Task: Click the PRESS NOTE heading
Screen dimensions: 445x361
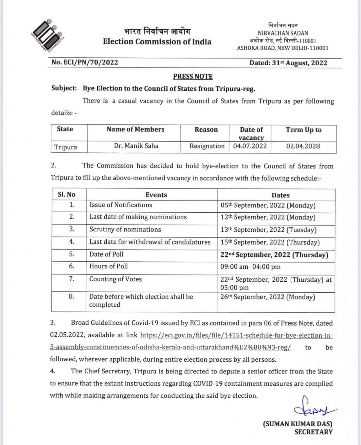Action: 193,76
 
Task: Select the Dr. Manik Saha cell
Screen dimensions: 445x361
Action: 136,146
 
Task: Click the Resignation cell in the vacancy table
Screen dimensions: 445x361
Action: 207,146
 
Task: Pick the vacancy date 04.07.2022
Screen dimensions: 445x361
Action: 250,146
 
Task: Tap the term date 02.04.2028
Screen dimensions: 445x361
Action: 303,146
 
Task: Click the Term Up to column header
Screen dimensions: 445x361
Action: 304,130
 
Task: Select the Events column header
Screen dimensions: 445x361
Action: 156,195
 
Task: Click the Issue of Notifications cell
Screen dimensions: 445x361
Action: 121,205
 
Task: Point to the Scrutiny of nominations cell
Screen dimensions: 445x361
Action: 125,230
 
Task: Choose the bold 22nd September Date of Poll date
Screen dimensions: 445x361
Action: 274,255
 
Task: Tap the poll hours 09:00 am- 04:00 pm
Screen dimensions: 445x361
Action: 250,267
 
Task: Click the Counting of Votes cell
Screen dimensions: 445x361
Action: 115,279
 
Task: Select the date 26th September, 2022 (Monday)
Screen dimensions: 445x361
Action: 268,297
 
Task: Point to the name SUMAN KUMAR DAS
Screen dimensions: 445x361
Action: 298,424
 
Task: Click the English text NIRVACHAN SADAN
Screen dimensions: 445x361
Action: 283,33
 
